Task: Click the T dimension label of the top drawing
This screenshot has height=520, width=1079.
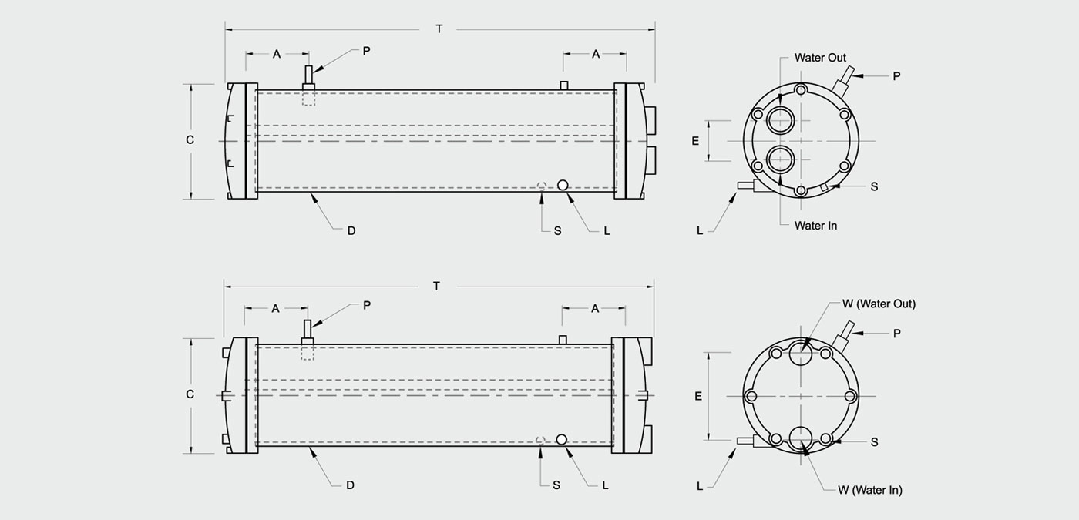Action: click(439, 29)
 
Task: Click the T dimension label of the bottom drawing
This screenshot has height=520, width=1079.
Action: click(436, 287)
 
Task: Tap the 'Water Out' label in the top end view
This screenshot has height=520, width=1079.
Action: click(820, 58)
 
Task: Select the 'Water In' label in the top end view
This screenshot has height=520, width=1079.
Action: click(815, 225)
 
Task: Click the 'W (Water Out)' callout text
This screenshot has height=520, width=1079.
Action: click(879, 304)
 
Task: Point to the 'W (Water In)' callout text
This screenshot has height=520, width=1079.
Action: click(870, 490)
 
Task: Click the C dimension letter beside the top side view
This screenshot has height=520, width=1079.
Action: click(190, 139)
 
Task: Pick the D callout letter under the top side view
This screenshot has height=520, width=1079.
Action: click(351, 231)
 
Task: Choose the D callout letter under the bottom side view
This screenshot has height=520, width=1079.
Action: click(350, 485)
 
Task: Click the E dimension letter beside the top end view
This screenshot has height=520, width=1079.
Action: click(695, 141)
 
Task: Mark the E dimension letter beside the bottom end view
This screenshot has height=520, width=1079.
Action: click(698, 396)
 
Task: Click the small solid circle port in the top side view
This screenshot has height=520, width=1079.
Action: click(562, 186)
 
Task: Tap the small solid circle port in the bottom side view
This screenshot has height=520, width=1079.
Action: click(561, 439)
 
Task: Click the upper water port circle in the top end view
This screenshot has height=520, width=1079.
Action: click(781, 120)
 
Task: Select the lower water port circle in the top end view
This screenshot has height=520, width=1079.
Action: click(781, 159)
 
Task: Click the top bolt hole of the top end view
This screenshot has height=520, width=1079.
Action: click(801, 90)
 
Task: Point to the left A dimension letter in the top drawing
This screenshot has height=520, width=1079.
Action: click(277, 55)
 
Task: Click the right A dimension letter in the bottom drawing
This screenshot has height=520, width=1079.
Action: click(595, 309)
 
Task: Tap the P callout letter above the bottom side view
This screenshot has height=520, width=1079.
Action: click(367, 305)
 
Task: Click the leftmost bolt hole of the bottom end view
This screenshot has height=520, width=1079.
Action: click(751, 396)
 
